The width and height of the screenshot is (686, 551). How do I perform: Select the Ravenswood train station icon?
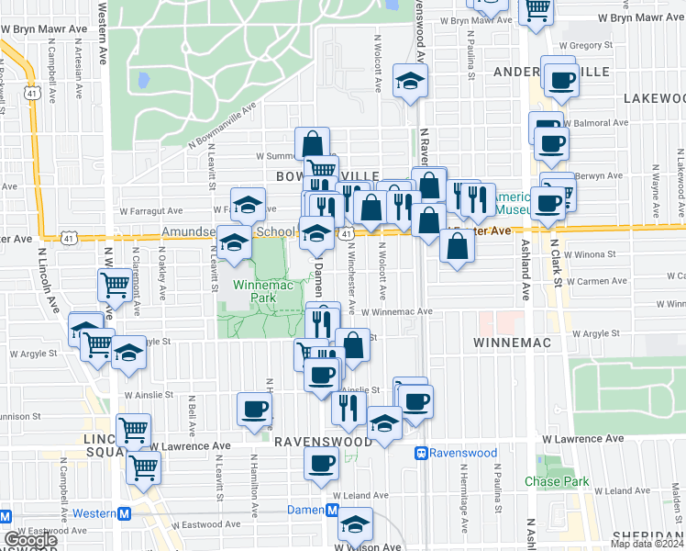pyautogui.click(x=422, y=453)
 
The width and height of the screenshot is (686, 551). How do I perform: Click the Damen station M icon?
pyautogui.click(x=333, y=510)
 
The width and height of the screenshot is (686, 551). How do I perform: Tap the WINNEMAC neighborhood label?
pyautogui.click(x=511, y=343)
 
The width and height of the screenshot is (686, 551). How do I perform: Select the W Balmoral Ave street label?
pyautogui.click(x=597, y=122)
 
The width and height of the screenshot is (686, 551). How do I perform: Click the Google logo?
pyautogui.click(x=30, y=540)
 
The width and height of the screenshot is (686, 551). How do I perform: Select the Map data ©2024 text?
pyautogui.click(x=647, y=544)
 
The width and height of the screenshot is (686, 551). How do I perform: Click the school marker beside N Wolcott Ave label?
pyautogui.click(x=411, y=80)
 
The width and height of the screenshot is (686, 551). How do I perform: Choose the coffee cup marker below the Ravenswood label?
pyautogui.click(x=321, y=464)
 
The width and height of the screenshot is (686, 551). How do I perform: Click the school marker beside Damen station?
pyautogui.click(x=354, y=524)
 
